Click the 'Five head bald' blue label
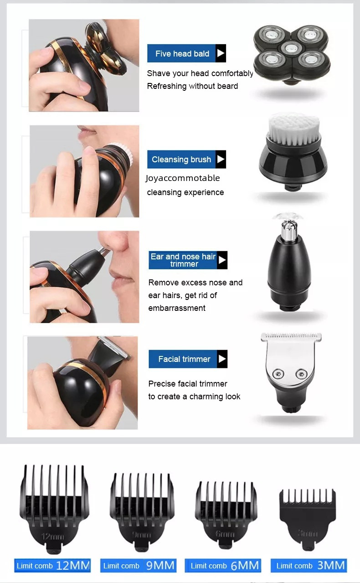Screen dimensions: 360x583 pyautogui.click(x=186, y=53)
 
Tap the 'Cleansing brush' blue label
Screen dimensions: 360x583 pyautogui.click(x=186, y=159)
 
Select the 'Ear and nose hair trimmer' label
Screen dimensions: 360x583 pyautogui.click(x=188, y=260)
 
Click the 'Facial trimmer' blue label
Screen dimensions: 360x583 pyautogui.click(x=188, y=359)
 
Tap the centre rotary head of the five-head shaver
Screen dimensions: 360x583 pyautogui.click(x=291, y=48)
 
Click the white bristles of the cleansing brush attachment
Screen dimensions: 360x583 pyautogui.click(x=293, y=129)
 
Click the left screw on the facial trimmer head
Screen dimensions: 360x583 pyautogui.click(x=278, y=374)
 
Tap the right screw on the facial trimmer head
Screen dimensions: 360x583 pyautogui.click(x=301, y=374)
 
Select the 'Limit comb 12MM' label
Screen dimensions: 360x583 pyautogui.click(x=52, y=566)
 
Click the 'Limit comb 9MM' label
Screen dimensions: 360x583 pyautogui.click(x=139, y=566)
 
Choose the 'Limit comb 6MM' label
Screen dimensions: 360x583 pyautogui.click(x=223, y=566)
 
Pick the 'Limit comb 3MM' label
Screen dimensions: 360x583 pyautogui.click(x=309, y=566)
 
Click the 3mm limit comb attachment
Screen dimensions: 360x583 pyautogui.click(x=308, y=518)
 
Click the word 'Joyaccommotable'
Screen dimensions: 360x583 pyautogui.click(x=183, y=178)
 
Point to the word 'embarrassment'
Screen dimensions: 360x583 pyautogui.click(x=177, y=308)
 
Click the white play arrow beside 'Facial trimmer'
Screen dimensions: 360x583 pyautogui.click(x=222, y=359)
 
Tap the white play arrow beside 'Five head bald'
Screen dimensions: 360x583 pyautogui.click(x=221, y=53)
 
